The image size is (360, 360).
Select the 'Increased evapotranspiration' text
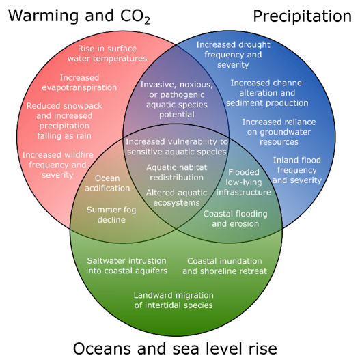coord(79,83)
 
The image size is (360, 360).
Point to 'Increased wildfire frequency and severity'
coord(54,165)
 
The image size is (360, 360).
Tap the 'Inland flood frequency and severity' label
coord(296,170)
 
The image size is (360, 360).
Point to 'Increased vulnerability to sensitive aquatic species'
coord(176,146)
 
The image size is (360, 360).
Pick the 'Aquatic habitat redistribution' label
coord(176,172)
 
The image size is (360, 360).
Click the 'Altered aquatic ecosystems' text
coord(176,197)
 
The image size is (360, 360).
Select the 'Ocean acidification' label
coord(107,183)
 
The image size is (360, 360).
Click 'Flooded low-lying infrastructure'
coord(249,182)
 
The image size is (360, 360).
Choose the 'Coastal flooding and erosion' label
coord(235,219)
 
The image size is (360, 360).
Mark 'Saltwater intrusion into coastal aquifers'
coord(127,266)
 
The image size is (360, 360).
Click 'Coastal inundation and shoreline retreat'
coord(224,266)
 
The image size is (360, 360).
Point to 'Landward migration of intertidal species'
coord(173,300)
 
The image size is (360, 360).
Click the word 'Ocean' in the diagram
coord(107,178)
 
